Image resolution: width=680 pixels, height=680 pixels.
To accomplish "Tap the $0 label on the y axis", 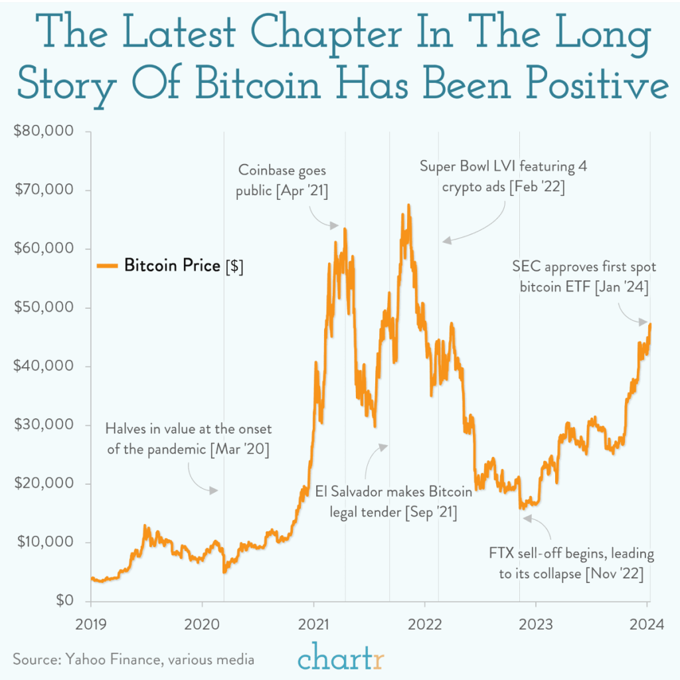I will point(64,601).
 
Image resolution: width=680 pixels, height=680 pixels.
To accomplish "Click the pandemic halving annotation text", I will point(189,439).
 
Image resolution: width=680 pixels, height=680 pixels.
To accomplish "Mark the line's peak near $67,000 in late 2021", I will point(408,205).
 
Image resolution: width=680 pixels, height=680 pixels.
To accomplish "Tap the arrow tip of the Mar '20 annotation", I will point(216,491).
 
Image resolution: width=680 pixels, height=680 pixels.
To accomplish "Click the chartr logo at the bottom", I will point(341,658).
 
